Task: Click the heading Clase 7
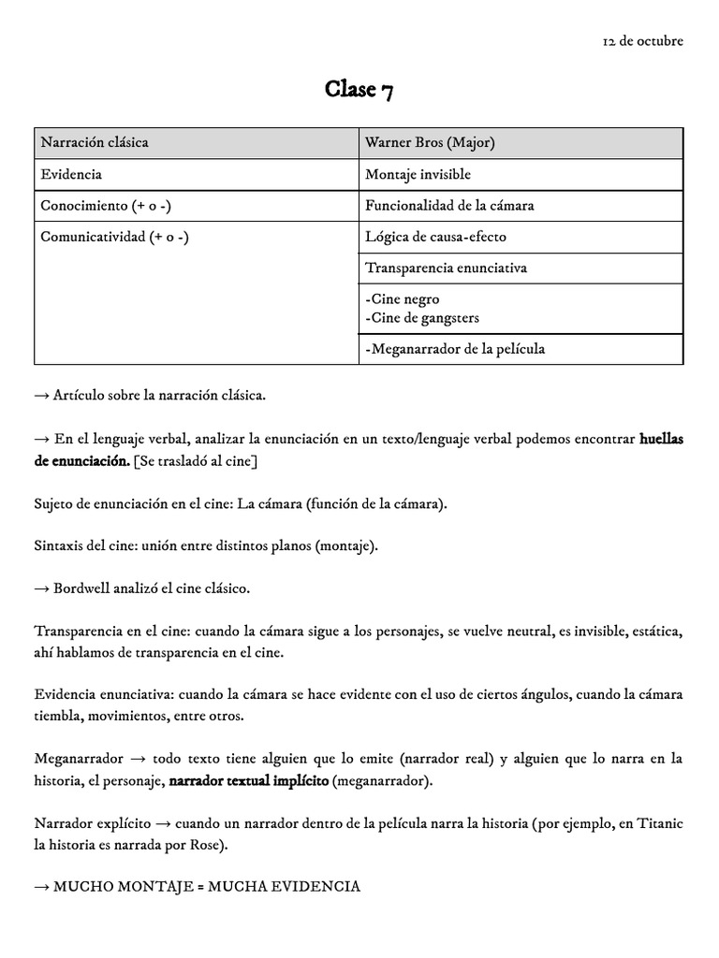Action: [x=359, y=90]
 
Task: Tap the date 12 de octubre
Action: [x=642, y=41]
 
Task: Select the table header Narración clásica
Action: [x=95, y=143]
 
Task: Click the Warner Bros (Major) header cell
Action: [x=430, y=143]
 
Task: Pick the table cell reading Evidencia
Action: [x=71, y=174]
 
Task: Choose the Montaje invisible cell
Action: [x=418, y=174]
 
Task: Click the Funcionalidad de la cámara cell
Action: [x=449, y=205]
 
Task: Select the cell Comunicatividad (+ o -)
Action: [x=114, y=237]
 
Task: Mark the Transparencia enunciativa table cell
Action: [x=446, y=268]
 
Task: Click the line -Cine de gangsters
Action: [x=421, y=318]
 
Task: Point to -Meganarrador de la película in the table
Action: [x=455, y=349]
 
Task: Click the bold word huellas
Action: [x=661, y=439]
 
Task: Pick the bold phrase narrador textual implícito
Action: [x=248, y=780]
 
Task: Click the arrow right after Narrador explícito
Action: [x=161, y=823]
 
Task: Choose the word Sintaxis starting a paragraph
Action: [x=61, y=545]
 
